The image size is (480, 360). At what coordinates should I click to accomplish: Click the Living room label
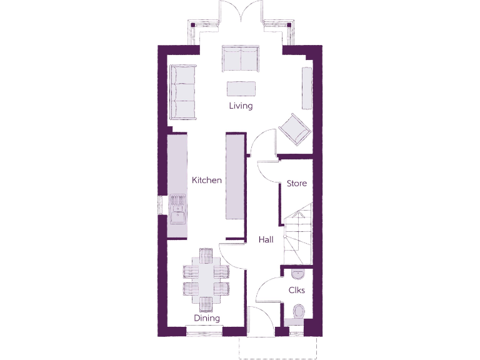click(x=241, y=106)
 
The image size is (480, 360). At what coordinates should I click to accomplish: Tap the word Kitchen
click(x=207, y=181)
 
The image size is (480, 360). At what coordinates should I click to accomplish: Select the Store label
click(x=296, y=184)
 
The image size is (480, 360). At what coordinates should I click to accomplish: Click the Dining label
click(x=206, y=318)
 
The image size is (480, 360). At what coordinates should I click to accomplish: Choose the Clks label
click(x=296, y=291)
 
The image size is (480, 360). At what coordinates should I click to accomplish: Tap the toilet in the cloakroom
click(x=298, y=311)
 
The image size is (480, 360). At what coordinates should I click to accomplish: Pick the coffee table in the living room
click(x=241, y=87)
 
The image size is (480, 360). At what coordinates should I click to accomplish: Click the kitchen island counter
click(x=235, y=178)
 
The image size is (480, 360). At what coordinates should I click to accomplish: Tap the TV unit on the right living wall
click(x=306, y=87)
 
